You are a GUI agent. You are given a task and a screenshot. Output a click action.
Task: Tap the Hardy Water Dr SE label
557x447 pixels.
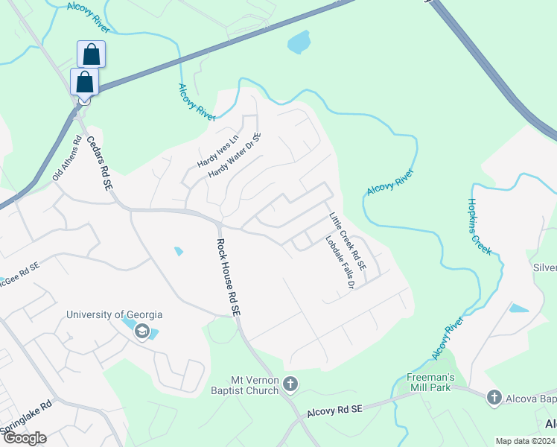[x=235, y=156]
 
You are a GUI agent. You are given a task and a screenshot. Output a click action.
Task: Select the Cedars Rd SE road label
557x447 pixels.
[x=98, y=162]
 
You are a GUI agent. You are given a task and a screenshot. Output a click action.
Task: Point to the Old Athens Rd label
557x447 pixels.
[x=67, y=158]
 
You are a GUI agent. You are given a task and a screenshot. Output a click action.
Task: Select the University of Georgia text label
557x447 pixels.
[x=114, y=315]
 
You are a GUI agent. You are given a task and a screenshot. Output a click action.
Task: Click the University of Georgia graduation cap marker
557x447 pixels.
[x=142, y=332]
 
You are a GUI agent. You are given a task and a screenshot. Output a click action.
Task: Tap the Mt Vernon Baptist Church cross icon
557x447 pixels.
[x=290, y=385]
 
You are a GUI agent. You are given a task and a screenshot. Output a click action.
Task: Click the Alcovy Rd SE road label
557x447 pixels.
[x=334, y=410]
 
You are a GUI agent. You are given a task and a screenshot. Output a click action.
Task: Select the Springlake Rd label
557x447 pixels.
[x=26, y=416]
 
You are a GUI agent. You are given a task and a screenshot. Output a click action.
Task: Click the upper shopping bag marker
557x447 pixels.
[x=91, y=54]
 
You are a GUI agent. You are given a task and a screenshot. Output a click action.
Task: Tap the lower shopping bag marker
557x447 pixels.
[x=84, y=82]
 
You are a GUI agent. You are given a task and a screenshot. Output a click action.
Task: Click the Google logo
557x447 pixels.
[x=25, y=438]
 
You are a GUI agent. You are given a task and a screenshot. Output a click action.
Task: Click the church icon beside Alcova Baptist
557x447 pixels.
[x=493, y=398]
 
